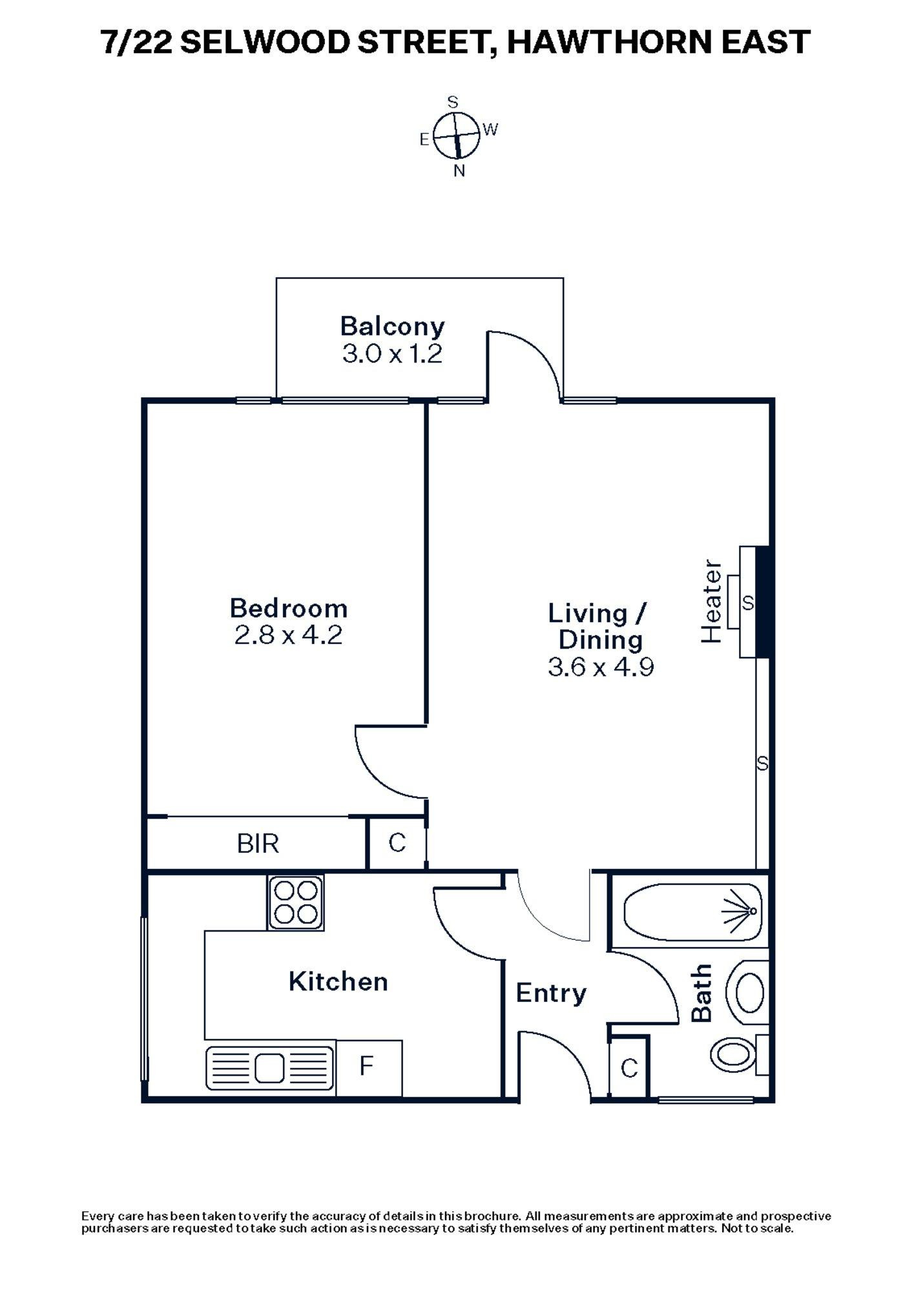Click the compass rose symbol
pos(457,136)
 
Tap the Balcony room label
pos(392,326)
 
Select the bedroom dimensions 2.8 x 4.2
pos(288,635)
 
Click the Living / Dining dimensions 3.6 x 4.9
pos(600,666)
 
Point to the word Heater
pos(711,601)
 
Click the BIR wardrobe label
pos(258,843)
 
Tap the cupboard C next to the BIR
pos(397,842)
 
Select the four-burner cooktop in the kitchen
pos(295,902)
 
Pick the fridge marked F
pos(368,1066)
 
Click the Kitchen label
pos(338,981)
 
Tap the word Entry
pos(550,993)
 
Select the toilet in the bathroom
pos(734,1054)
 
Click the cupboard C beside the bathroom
pos(629,1068)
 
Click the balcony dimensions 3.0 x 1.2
pos(392,354)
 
